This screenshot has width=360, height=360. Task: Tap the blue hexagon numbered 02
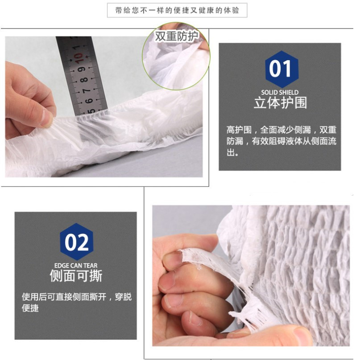click(77, 242)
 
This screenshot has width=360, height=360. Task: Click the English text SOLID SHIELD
click(280, 92)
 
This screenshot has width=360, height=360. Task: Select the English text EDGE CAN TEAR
click(76, 266)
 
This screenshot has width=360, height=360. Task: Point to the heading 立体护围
click(281, 102)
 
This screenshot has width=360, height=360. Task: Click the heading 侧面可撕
click(76, 275)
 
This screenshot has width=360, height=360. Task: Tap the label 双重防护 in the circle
click(176, 36)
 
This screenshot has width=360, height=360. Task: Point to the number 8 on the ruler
click(84, 80)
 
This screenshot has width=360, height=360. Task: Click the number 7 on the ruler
click(87, 91)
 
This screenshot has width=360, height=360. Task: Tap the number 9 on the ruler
click(81, 69)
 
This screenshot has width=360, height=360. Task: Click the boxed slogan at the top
click(177, 10)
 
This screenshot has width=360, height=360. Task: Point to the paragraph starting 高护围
click(281, 141)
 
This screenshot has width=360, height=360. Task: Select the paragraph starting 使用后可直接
click(77, 303)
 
